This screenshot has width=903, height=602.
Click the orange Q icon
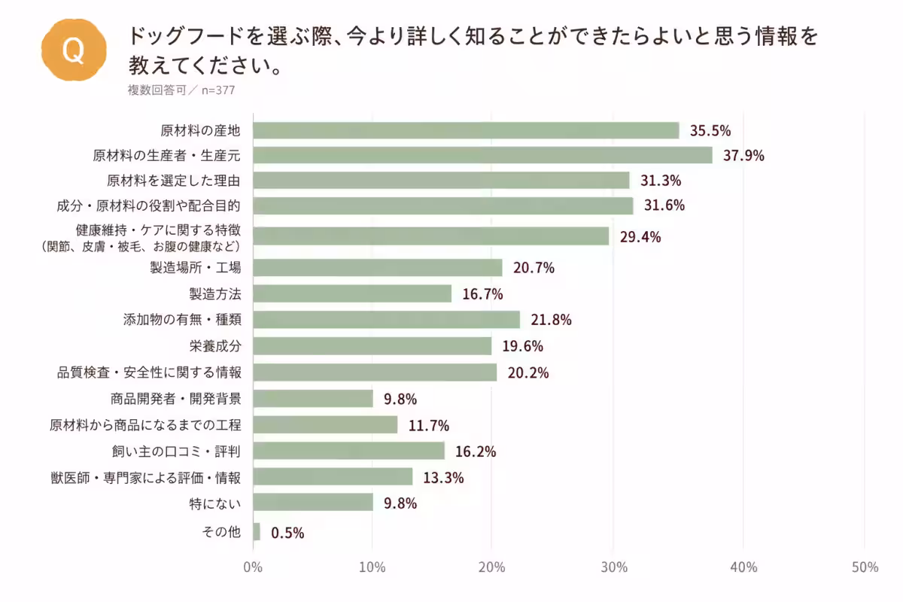pos(74,50)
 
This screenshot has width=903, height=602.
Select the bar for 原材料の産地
pos(466,131)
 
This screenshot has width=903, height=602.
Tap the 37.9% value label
pos(743,156)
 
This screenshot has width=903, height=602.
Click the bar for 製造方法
pos(352,293)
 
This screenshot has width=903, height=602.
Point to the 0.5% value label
pos(287,533)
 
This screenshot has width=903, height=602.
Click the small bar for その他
pos(257,532)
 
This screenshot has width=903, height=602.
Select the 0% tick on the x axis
pos(253,567)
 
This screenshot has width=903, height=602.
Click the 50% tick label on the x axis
pos(865,567)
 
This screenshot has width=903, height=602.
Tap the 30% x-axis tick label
pos(614,567)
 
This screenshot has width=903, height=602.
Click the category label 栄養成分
pos(215,346)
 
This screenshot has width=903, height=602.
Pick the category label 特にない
pos(215,503)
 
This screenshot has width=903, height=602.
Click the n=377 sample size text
pos(218,90)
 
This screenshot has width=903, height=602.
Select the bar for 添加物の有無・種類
pos(387,320)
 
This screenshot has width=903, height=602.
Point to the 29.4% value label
pos(640,237)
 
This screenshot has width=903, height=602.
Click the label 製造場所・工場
pos(196,267)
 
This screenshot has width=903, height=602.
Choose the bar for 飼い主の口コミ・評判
pos(348,451)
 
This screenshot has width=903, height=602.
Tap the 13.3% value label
pos(443,478)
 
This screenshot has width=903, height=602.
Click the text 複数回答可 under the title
pos(157,90)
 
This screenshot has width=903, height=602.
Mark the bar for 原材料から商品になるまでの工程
pos(325,425)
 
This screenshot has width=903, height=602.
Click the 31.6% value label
pos(664,205)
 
